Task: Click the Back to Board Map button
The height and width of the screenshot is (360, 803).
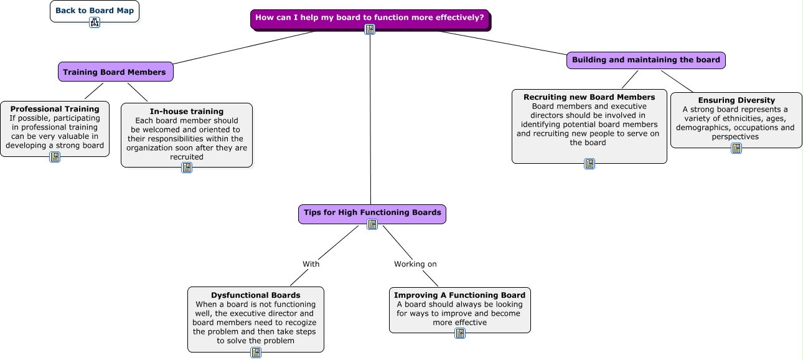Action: coord(95,11)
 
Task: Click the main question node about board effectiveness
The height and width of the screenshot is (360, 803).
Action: coord(370,19)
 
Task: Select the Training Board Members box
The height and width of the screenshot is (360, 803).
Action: coord(115,72)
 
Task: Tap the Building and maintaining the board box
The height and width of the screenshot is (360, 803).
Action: coord(646,60)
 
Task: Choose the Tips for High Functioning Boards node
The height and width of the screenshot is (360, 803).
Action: coord(372,214)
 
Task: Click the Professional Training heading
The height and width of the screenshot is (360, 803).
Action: coord(55,109)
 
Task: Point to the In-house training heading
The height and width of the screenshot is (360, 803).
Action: coord(186,111)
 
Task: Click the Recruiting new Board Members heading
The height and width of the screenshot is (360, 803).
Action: coord(589,97)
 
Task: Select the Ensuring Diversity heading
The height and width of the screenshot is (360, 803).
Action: coord(736,100)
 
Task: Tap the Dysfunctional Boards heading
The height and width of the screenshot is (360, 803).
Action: coord(256,295)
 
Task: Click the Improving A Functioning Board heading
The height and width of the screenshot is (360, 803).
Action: coord(459,295)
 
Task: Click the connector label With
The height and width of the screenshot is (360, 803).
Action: coord(311,264)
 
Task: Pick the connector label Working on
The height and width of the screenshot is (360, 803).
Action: coord(415,264)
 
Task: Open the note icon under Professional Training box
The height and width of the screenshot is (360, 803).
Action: coord(55,157)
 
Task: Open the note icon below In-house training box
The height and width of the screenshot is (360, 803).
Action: coord(186,168)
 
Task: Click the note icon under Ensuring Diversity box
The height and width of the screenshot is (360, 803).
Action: coord(736,148)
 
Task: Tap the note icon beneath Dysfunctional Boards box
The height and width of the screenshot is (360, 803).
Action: coord(256,353)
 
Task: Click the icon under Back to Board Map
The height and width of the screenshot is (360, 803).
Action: coord(95,22)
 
